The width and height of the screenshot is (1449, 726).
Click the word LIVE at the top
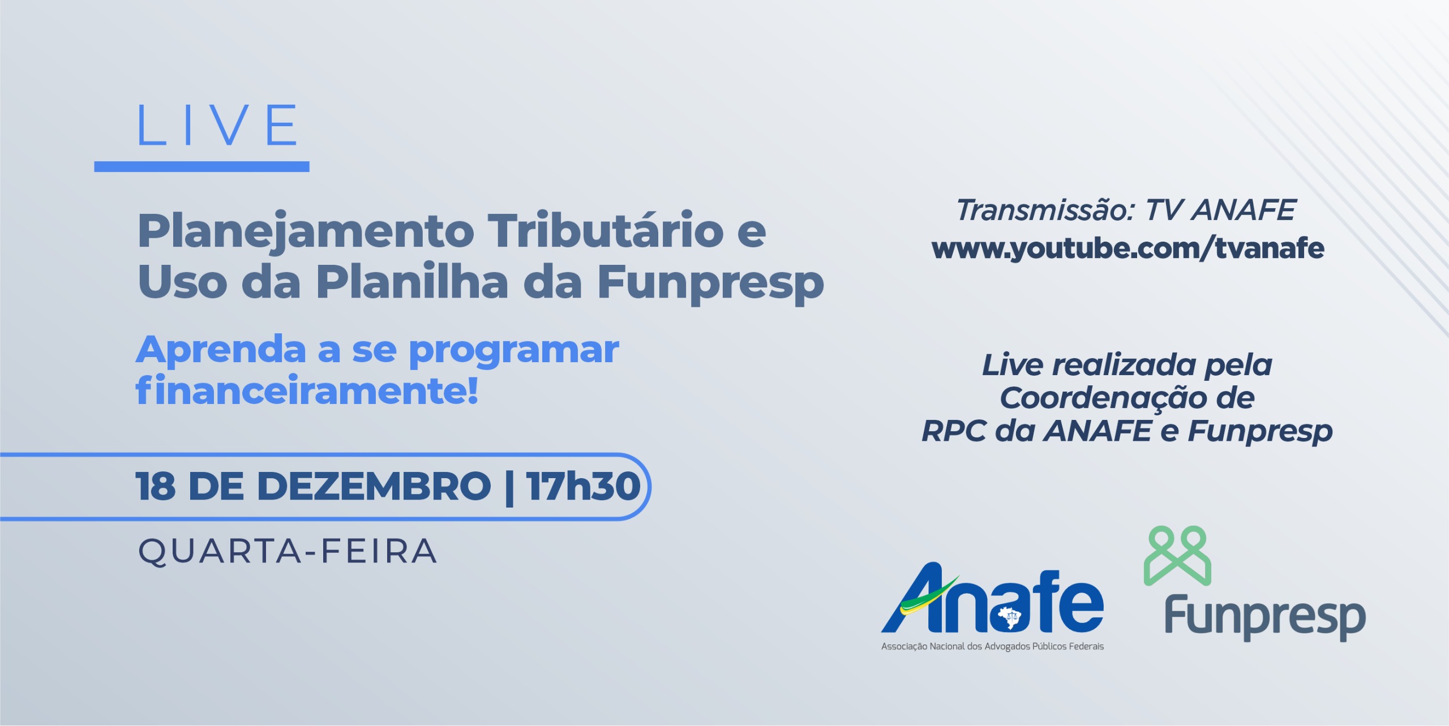[217, 125]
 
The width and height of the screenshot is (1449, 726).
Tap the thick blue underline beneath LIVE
[202, 166]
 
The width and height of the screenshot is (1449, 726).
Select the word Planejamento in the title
[306, 232]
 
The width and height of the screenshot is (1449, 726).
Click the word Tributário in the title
[606, 229]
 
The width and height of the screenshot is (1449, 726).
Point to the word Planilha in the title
[412, 281]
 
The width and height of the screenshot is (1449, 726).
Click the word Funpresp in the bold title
[711, 283]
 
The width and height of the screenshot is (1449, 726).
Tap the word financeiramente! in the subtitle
[307, 390]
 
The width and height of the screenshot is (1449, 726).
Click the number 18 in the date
[156, 486]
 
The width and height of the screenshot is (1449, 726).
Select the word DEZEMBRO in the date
[374, 486]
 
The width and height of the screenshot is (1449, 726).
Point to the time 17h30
[584, 486]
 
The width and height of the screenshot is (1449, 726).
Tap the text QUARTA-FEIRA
[288, 551]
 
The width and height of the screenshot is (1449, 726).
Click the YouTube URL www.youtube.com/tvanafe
[1128, 249]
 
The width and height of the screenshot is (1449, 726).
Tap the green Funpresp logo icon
[1177, 555]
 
